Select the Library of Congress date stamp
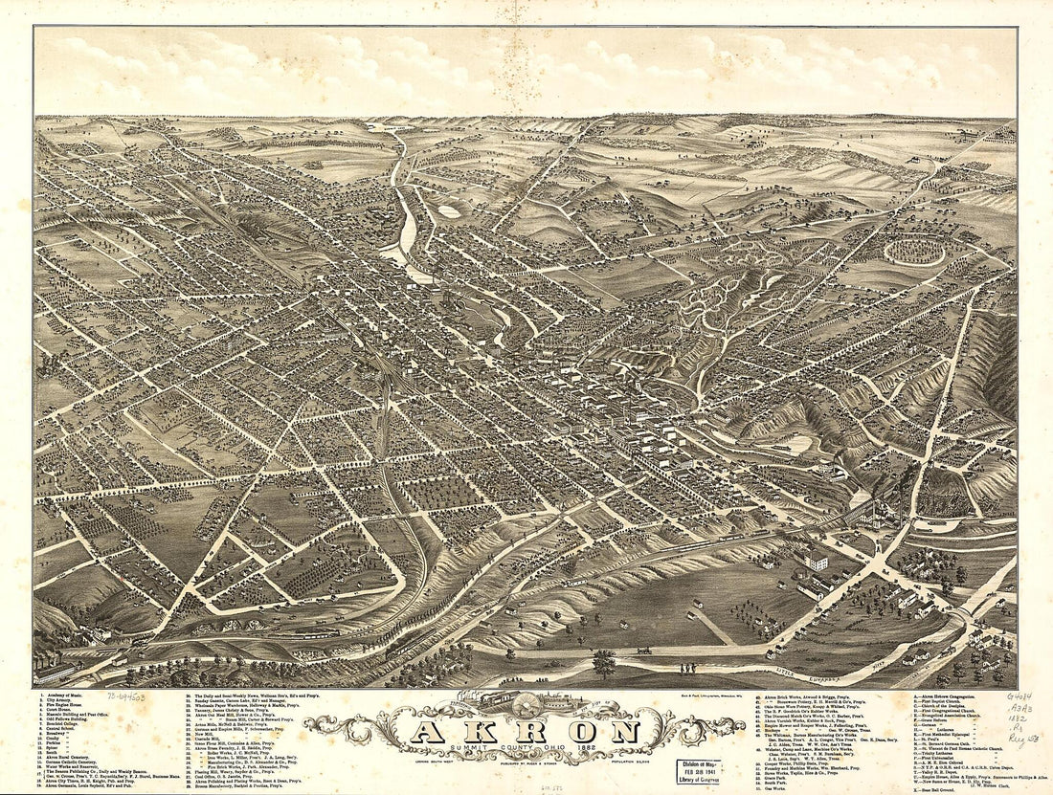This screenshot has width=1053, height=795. click(x=696, y=769)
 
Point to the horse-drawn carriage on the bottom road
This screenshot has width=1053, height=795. click(x=647, y=651)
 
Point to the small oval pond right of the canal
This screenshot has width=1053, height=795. click(x=449, y=212)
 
